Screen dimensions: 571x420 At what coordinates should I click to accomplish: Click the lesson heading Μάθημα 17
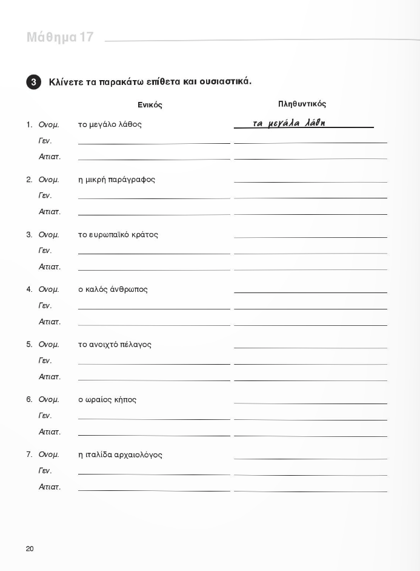[60, 38]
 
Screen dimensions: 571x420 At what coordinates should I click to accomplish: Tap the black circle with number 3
[34, 82]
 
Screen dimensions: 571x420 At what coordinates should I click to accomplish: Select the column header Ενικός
[150, 105]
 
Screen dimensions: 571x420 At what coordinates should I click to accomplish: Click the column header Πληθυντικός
[302, 104]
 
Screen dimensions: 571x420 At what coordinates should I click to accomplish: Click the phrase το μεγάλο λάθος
[110, 124]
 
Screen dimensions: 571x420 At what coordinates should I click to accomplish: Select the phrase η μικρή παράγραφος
[117, 180]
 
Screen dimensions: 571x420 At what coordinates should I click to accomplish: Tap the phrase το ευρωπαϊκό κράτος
[118, 235]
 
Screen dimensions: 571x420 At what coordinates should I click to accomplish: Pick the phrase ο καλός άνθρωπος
[113, 289]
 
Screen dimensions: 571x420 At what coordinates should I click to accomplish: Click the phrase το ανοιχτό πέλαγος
[115, 345]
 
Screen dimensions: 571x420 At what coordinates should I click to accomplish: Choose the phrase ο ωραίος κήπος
[107, 400]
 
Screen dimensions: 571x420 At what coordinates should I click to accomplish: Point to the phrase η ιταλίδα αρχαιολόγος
[120, 455]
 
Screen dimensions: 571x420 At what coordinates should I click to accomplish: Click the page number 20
[30, 549]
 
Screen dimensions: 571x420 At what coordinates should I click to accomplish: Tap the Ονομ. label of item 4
[48, 289]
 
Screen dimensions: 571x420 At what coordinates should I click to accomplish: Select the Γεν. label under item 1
[45, 141]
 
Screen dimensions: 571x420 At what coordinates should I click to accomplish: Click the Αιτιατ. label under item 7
[49, 487]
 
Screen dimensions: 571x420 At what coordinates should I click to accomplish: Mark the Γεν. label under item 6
[45, 416]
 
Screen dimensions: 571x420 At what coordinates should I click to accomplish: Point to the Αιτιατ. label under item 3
[49, 267]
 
